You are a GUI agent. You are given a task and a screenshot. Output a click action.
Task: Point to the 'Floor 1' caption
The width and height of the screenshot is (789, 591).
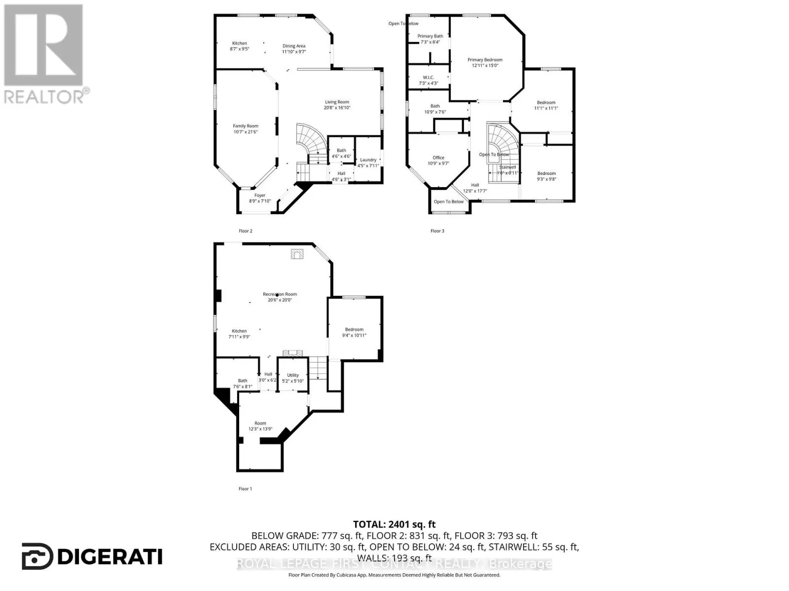(x=245, y=489)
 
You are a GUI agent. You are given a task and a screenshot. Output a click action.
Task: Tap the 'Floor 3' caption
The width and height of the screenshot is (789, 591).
(x=437, y=230)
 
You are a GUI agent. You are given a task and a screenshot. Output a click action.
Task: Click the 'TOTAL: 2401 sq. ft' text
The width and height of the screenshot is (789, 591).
(x=394, y=525)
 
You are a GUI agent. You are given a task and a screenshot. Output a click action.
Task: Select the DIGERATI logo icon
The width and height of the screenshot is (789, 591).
(x=37, y=557)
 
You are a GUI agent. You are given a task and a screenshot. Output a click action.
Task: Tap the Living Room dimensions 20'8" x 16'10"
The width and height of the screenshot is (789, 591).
(x=337, y=108)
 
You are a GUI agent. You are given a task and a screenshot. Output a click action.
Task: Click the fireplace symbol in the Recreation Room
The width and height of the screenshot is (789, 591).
(x=297, y=254)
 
